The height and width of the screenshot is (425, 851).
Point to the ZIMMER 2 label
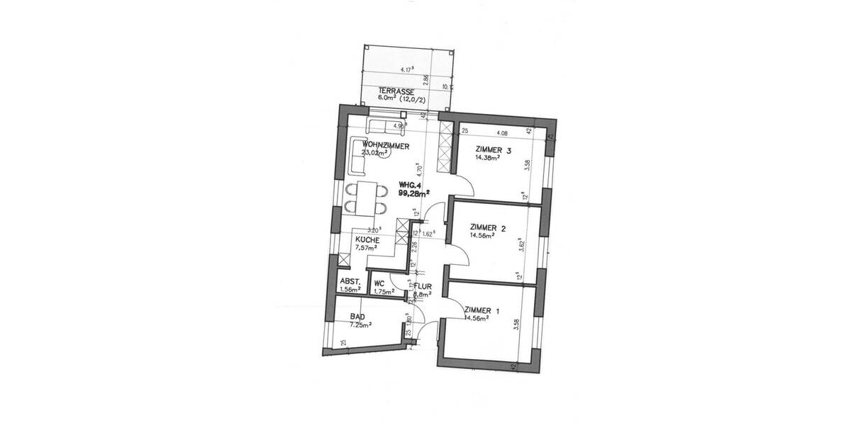[x=489, y=228]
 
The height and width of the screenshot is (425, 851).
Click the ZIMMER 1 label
[x=482, y=310]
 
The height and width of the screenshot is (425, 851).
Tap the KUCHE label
[x=367, y=240]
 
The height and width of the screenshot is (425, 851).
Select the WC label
[x=379, y=283]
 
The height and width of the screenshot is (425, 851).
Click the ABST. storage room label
[x=350, y=280]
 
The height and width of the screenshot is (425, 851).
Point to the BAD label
[x=357, y=317]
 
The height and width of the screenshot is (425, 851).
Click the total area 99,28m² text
[x=394, y=191]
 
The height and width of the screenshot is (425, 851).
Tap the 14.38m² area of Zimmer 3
[x=487, y=158]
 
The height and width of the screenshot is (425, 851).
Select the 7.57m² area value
[x=366, y=248]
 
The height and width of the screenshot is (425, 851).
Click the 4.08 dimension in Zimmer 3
[x=502, y=132]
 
